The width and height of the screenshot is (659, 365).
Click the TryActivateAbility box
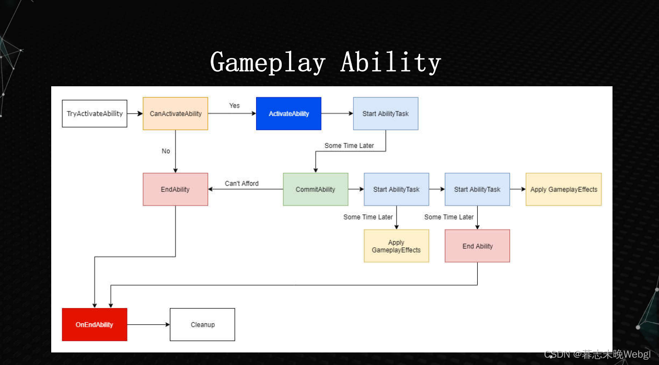95,113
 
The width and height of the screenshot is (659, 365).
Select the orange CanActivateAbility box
176,113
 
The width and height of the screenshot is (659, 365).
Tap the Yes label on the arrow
234,106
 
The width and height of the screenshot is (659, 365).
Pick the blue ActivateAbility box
288,113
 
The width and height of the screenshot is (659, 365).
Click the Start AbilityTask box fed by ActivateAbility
386,113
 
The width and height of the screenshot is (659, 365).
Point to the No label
166,151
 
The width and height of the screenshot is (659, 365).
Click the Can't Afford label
241,184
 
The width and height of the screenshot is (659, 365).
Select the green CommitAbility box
316,189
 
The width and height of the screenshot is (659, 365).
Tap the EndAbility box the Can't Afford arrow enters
176,189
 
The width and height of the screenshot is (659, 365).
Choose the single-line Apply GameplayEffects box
563,189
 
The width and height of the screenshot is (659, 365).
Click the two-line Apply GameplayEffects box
396,246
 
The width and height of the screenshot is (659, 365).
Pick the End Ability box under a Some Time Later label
477,246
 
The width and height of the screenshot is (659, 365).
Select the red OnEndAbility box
95,325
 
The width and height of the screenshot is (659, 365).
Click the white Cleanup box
202,325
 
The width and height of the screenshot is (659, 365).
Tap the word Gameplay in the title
268,63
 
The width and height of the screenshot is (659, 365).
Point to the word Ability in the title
391,63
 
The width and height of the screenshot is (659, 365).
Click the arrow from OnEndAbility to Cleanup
148,325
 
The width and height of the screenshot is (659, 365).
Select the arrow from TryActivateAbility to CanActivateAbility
135,113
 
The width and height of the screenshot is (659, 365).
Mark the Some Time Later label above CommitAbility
349,145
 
